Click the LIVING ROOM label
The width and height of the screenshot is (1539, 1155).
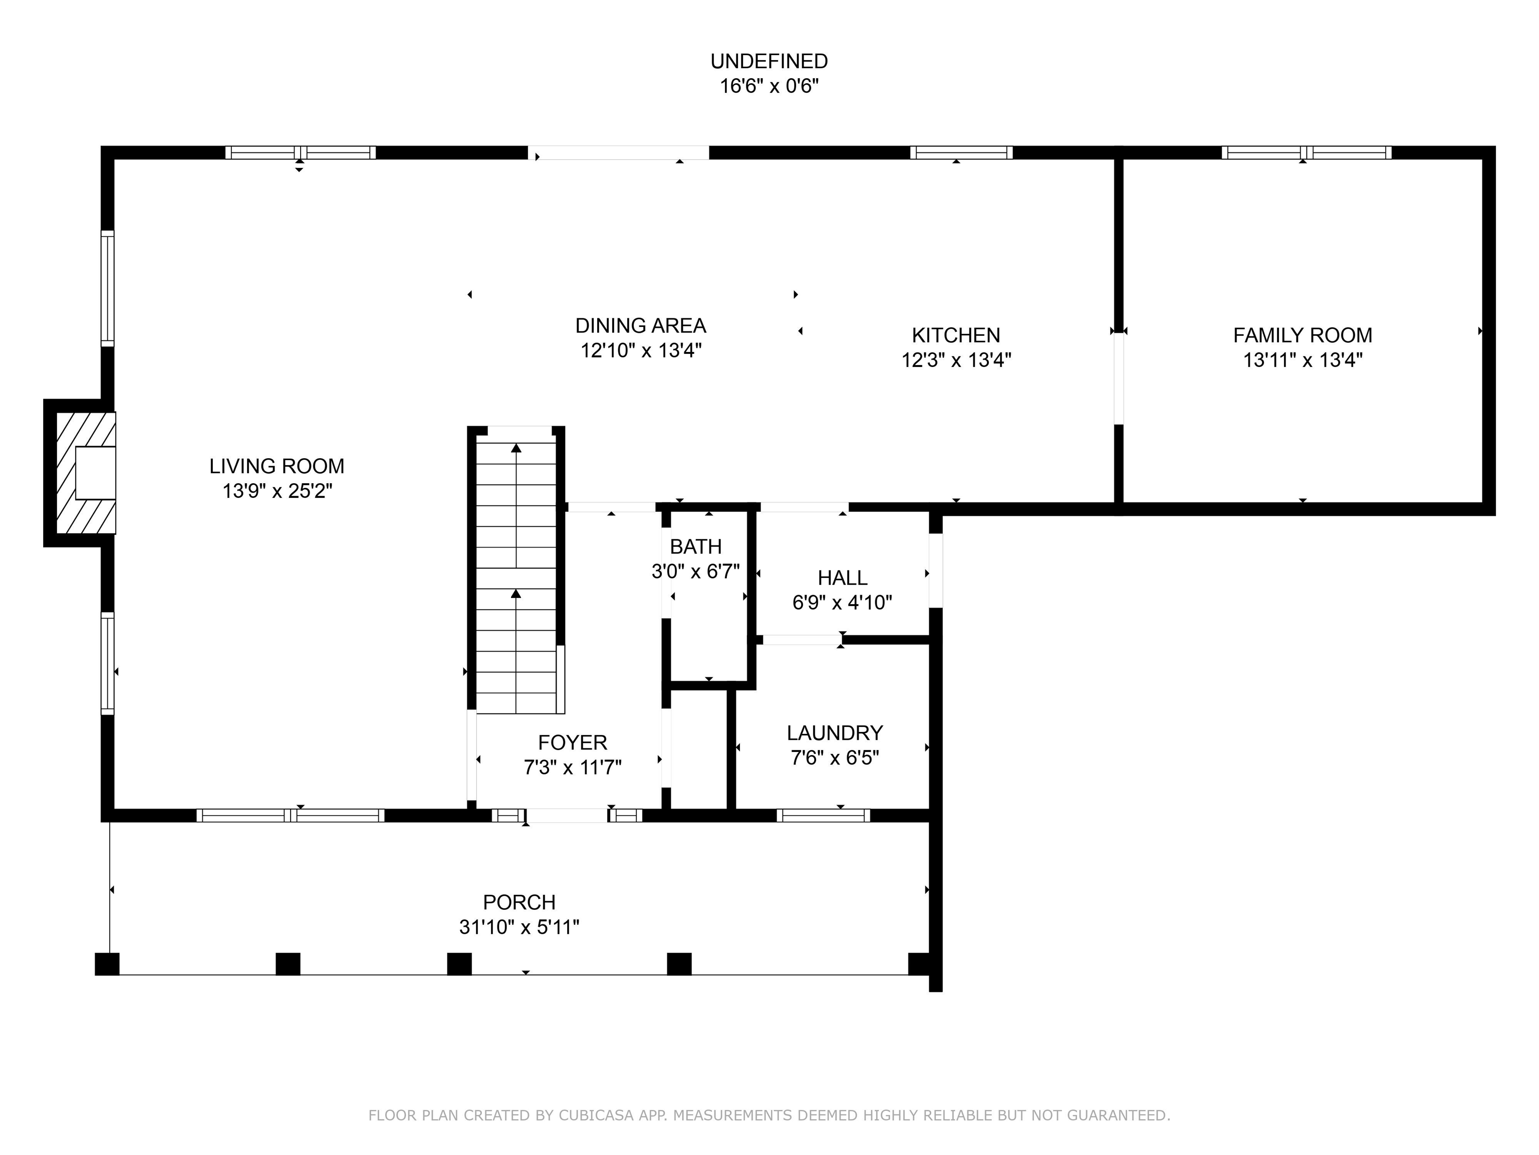277,466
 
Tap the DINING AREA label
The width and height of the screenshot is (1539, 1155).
641,325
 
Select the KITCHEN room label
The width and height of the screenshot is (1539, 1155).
956,335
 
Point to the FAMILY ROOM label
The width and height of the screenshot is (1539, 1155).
1303,335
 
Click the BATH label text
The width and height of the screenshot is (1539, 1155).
696,546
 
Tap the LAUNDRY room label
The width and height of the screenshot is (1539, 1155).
835,732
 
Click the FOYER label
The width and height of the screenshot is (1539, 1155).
573,742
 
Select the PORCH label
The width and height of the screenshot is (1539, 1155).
519,902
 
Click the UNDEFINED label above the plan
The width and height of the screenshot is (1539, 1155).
769,61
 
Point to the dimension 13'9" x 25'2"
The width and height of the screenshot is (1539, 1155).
277,491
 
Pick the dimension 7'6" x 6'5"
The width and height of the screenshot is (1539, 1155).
835,757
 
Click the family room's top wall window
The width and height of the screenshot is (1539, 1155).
1307,152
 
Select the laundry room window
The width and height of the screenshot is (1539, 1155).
823,815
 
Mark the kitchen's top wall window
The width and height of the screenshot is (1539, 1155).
961,152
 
